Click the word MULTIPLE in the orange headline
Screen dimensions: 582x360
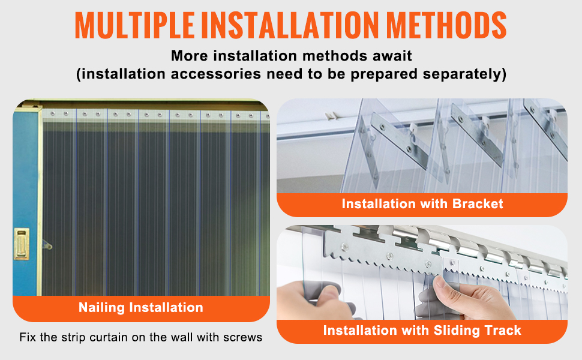click(135, 25)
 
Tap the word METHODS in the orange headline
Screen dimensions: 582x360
click(446, 25)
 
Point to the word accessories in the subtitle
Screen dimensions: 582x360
click(216, 74)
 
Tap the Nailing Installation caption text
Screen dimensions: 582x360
click(140, 307)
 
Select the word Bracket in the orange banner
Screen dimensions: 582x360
click(478, 204)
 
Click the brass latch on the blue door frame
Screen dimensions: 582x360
click(22, 243)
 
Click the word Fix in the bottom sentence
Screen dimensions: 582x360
click(28, 337)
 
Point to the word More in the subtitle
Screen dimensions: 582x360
click(189, 56)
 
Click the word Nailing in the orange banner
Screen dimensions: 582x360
click(102, 308)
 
